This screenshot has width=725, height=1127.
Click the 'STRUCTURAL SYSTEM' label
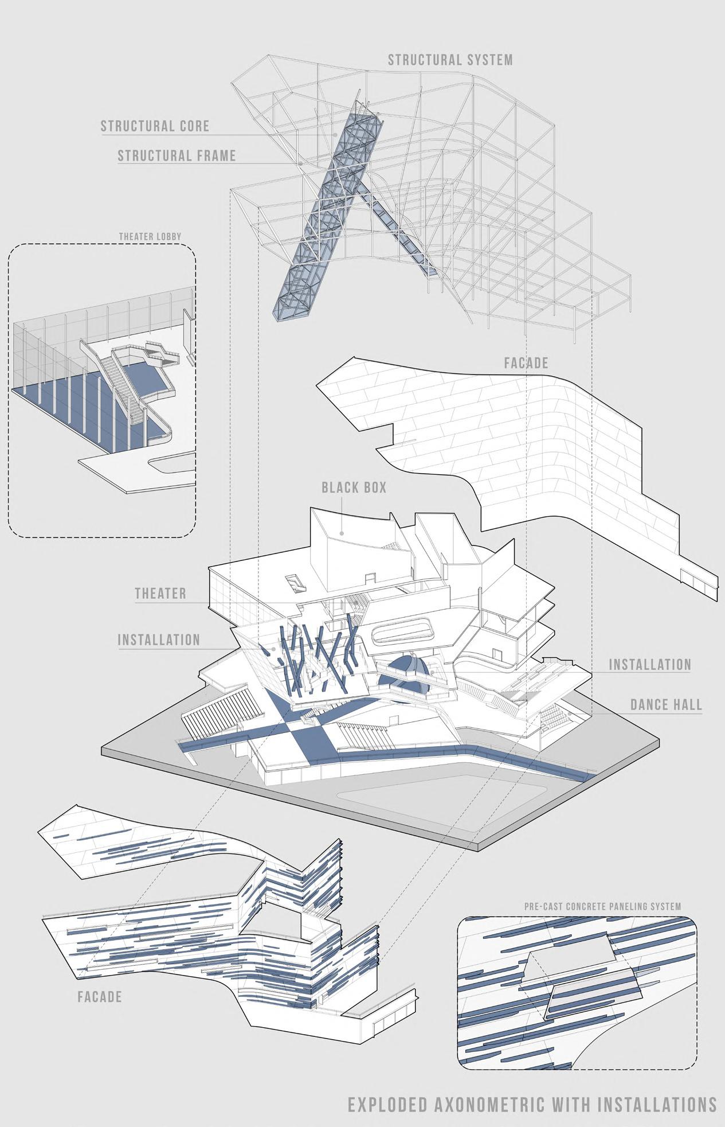click(450, 60)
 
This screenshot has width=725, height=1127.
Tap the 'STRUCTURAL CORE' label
click(155, 126)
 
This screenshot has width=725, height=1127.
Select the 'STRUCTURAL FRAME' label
click(177, 155)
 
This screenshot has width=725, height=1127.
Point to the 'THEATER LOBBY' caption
click(150, 236)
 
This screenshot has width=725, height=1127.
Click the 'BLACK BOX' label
click(354, 488)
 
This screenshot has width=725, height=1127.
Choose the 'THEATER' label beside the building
click(160, 593)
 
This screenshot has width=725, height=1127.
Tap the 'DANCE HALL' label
click(666, 704)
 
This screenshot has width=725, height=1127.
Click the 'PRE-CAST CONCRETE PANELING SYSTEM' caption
click(602, 907)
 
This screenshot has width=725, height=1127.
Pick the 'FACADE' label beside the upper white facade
click(526, 363)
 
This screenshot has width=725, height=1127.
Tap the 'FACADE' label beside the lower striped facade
click(100, 997)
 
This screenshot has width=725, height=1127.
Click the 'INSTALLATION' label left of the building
click(159, 639)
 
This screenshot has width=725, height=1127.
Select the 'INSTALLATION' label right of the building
click(650, 665)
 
